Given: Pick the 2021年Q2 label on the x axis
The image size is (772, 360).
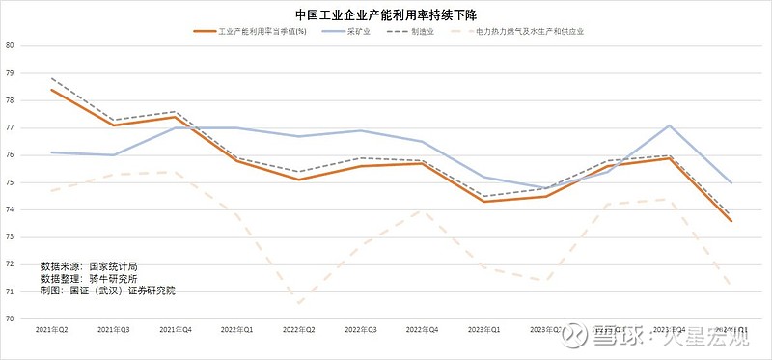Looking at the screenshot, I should pyautogui.click(x=52, y=330).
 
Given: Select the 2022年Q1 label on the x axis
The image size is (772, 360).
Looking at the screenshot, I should pyautogui.click(x=237, y=330).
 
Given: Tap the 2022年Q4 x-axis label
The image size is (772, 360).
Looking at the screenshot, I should pyautogui.click(x=422, y=330).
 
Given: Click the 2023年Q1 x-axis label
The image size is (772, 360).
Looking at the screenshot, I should pyautogui.click(x=483, y=330).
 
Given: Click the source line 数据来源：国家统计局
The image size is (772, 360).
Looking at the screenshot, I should pyautogui.click(x=89, y=264).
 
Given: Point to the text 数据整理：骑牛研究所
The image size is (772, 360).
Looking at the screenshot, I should pyautogui.click(x=89, y=277).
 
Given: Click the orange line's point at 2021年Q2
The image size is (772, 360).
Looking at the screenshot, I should pyautogui.click(x=52, y=90).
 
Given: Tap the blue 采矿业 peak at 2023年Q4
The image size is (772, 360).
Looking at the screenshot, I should pyautogui.click(x=669, y=125).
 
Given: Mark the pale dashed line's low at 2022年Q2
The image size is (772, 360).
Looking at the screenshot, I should pyautogui.click(x=298, y=303).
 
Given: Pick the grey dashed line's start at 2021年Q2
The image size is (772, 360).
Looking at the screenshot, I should pyautogui.click(x=52, y=78).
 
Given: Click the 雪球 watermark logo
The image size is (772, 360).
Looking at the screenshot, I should pyautogui.click(x=576, y=334).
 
